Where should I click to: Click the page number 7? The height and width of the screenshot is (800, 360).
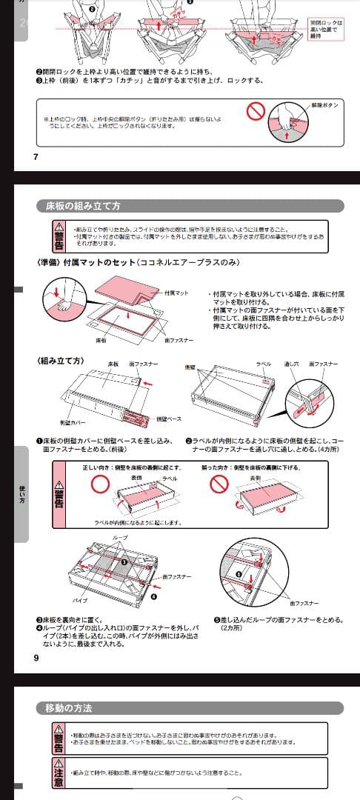pos(36,156)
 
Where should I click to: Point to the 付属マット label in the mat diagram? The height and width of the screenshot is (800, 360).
pos(176,293)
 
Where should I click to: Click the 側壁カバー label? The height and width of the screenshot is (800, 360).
pos(75,422)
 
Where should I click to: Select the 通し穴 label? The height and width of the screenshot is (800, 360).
pos(291,365)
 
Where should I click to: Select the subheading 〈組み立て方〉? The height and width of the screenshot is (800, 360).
pos(60,361)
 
